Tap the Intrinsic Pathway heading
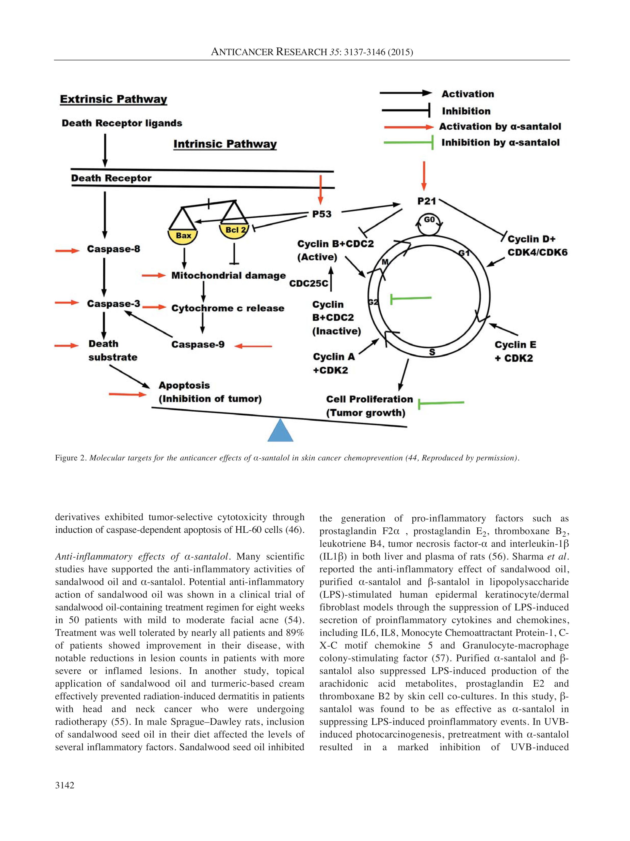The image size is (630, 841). coord(225,144)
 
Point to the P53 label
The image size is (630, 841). coord(322,214)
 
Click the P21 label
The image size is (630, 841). coord(426,201)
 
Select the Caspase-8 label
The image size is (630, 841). coord(113,249)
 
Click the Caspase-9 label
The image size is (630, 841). coord(198,344)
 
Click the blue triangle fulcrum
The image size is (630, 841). coord(280,431)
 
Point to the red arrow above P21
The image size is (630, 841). coord(424,176)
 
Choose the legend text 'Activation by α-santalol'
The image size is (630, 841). coord(500,127)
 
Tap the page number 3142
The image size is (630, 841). coord(64,785)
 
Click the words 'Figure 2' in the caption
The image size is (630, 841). coord(71,458)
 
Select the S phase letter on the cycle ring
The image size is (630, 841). coord(432,352)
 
